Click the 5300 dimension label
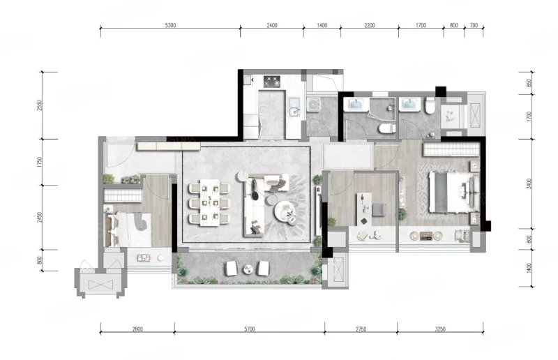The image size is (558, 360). tap(170, 25)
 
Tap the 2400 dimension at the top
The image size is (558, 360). tap(272, 25)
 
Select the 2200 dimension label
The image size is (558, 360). tap(370, 25)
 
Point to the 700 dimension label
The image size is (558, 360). tap(474, 25)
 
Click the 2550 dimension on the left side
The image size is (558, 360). tap(40, 105)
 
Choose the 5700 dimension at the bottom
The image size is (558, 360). tap(250, 329)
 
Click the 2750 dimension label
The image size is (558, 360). tap(361, 329)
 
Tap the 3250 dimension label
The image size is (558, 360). tap(440, 329)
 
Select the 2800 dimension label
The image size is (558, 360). tap(137, 329)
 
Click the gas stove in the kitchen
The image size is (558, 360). tap(272, 82)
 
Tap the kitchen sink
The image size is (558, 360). tap(294, 107)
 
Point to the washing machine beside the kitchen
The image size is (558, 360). tap(313, 105)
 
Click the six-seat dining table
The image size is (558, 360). tap(209, 203)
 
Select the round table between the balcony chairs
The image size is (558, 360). tap(248, 269)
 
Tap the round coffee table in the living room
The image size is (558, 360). tap(285, 213)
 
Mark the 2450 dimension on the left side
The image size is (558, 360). tap(40, 217)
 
